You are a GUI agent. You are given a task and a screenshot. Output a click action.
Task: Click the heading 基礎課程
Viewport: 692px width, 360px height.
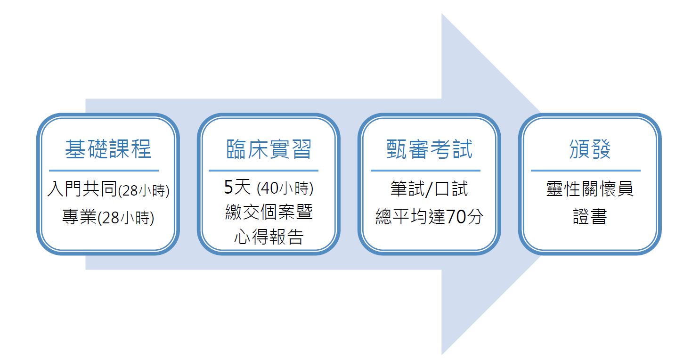(x=108, y=149)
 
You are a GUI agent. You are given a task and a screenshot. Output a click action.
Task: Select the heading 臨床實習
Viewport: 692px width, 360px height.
(x=269, y=149)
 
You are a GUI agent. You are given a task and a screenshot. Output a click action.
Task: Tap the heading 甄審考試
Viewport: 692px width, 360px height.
(x=430, y=149)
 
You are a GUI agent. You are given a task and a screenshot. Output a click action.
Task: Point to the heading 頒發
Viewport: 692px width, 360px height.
(x=590, y=149)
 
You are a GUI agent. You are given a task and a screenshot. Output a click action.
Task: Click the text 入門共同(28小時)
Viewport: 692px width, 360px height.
(x=108, y=189)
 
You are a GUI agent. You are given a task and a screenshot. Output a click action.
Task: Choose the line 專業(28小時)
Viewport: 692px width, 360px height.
(x=108, y=217)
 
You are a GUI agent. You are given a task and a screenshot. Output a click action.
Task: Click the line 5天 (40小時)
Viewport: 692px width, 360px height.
(x=269, y=187)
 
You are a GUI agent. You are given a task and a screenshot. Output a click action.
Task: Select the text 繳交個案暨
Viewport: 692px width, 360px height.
(x=269, y=212)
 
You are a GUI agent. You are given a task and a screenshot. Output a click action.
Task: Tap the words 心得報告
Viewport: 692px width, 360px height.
(x=269, y=237)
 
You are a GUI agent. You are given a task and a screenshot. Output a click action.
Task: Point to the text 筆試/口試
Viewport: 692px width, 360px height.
(x=430, y=189)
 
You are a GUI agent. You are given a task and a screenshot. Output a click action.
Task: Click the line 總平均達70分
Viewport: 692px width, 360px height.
(x=430, y=216)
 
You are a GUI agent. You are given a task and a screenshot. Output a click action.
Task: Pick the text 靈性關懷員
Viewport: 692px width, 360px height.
(x=590, y=189)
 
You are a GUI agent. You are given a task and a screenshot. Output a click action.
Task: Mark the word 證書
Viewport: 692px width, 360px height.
(x=590, y=216)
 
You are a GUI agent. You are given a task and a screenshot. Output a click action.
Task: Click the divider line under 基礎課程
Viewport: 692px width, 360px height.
(x=104, y=170)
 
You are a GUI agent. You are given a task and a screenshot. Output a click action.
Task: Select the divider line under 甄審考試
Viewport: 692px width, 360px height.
(x=425, y=170)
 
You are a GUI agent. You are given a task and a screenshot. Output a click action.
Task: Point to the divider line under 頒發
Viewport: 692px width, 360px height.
(x=586, y=170)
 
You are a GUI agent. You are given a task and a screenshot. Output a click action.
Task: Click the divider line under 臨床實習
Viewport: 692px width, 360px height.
(x=263, y=170)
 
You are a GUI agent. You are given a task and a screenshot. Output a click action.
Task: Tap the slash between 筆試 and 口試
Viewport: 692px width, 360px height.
(x=429, y=189)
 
